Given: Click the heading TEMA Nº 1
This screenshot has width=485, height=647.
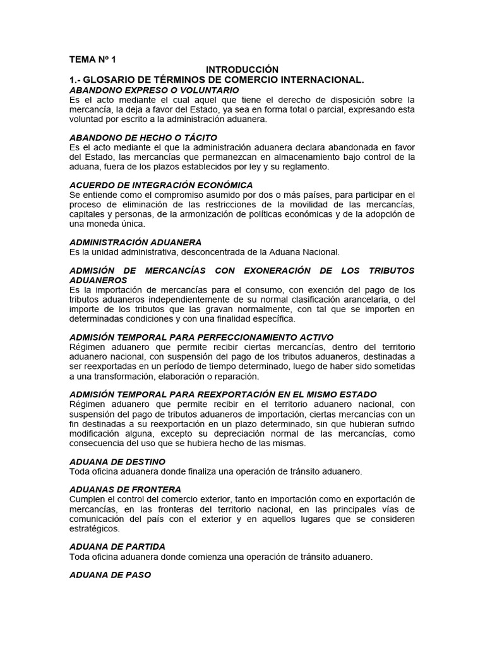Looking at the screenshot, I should [92, 59].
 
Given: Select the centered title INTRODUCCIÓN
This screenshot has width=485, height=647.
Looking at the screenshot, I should [242, 70].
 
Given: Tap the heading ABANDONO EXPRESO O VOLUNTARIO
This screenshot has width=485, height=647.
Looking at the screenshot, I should [142, 90].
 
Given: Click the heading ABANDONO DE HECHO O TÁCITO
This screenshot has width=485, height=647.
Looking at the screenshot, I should [143, 137].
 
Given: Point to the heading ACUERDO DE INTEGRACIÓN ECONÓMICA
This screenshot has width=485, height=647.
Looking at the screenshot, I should [161, 185].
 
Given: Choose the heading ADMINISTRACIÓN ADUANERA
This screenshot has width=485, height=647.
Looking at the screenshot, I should [135, 242].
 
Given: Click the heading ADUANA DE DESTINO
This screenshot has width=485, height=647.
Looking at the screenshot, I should [117, 461].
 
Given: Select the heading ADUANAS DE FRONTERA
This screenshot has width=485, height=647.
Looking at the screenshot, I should [125, 490].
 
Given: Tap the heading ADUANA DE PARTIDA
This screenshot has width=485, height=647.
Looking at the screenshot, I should [117, 547].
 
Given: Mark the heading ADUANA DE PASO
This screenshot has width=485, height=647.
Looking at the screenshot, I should [110, 576].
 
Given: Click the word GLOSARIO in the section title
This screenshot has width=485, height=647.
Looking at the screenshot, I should [112, 80].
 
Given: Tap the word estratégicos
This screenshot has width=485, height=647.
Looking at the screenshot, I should [95, 528].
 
